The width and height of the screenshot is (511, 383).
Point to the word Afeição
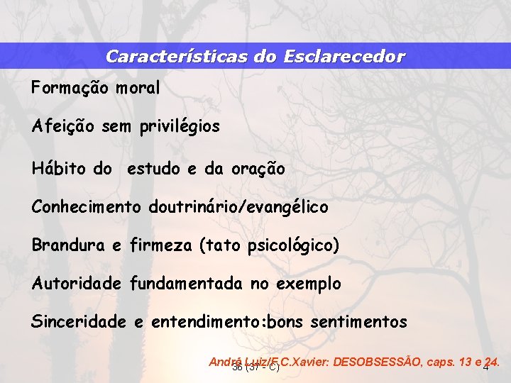pyautogui.click(x=63, y=128)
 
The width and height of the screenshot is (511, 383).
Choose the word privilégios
pyautogui.click(x=179, y=128)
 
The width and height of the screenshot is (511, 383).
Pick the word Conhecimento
pyautogui.click(x=87, y=207)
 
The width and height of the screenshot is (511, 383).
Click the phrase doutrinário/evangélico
pyautogui.click(x=238, y=207)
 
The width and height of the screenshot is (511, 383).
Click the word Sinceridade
pyautogui.click(x=78, y=322)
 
